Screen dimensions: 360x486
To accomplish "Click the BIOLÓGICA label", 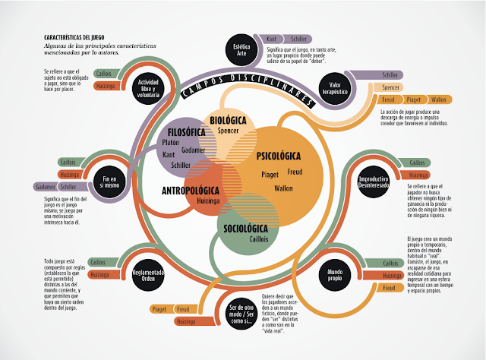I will [228, 121].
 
